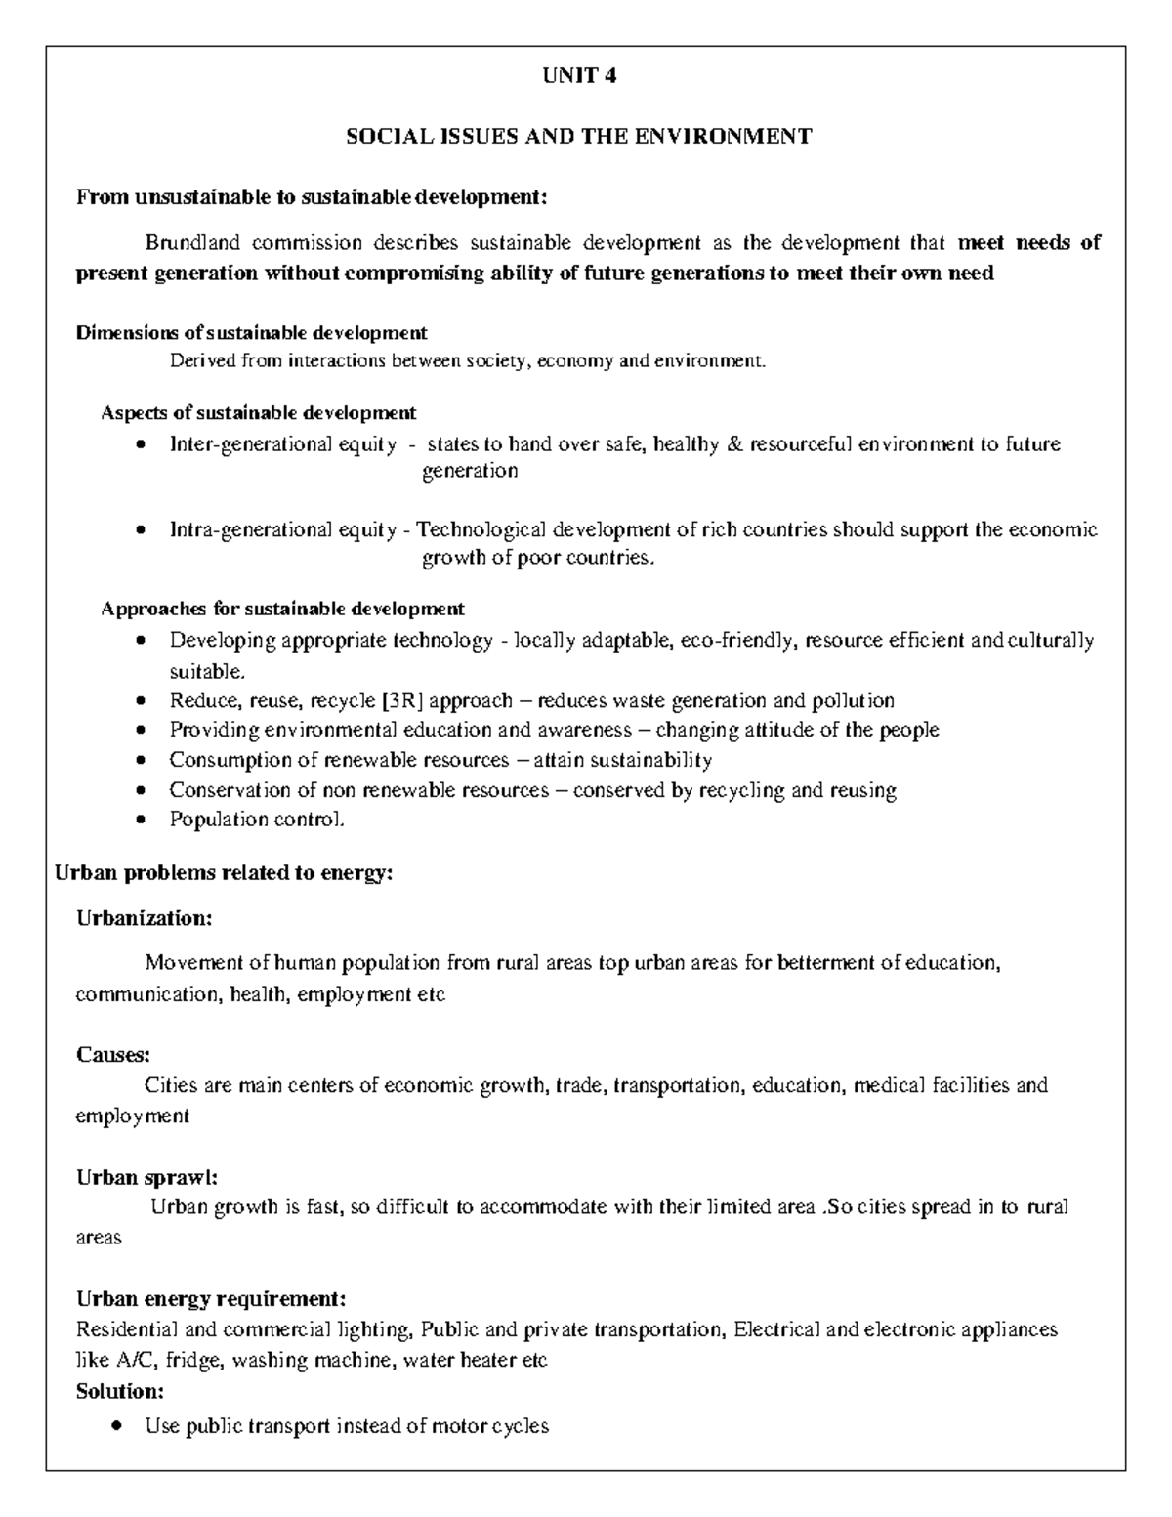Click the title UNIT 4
click(x=579, y=75)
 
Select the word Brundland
click(x=192, y=242)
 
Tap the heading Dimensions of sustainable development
click(x=251, y=333)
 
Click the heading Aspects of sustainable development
click(x=259, y=412)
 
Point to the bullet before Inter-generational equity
click(x=143, y=445)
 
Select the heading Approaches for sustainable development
click(x=282, y=609)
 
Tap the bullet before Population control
click(x=143, y=821)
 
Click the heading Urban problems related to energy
click(x=224, y=873)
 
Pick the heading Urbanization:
click(x=144, y=919)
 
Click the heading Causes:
click(x=113, y=1055)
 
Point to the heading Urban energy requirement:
click(x=210, y=1299)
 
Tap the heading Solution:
click(x=119, y=1390)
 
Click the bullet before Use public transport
click(x=118, y=1427)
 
